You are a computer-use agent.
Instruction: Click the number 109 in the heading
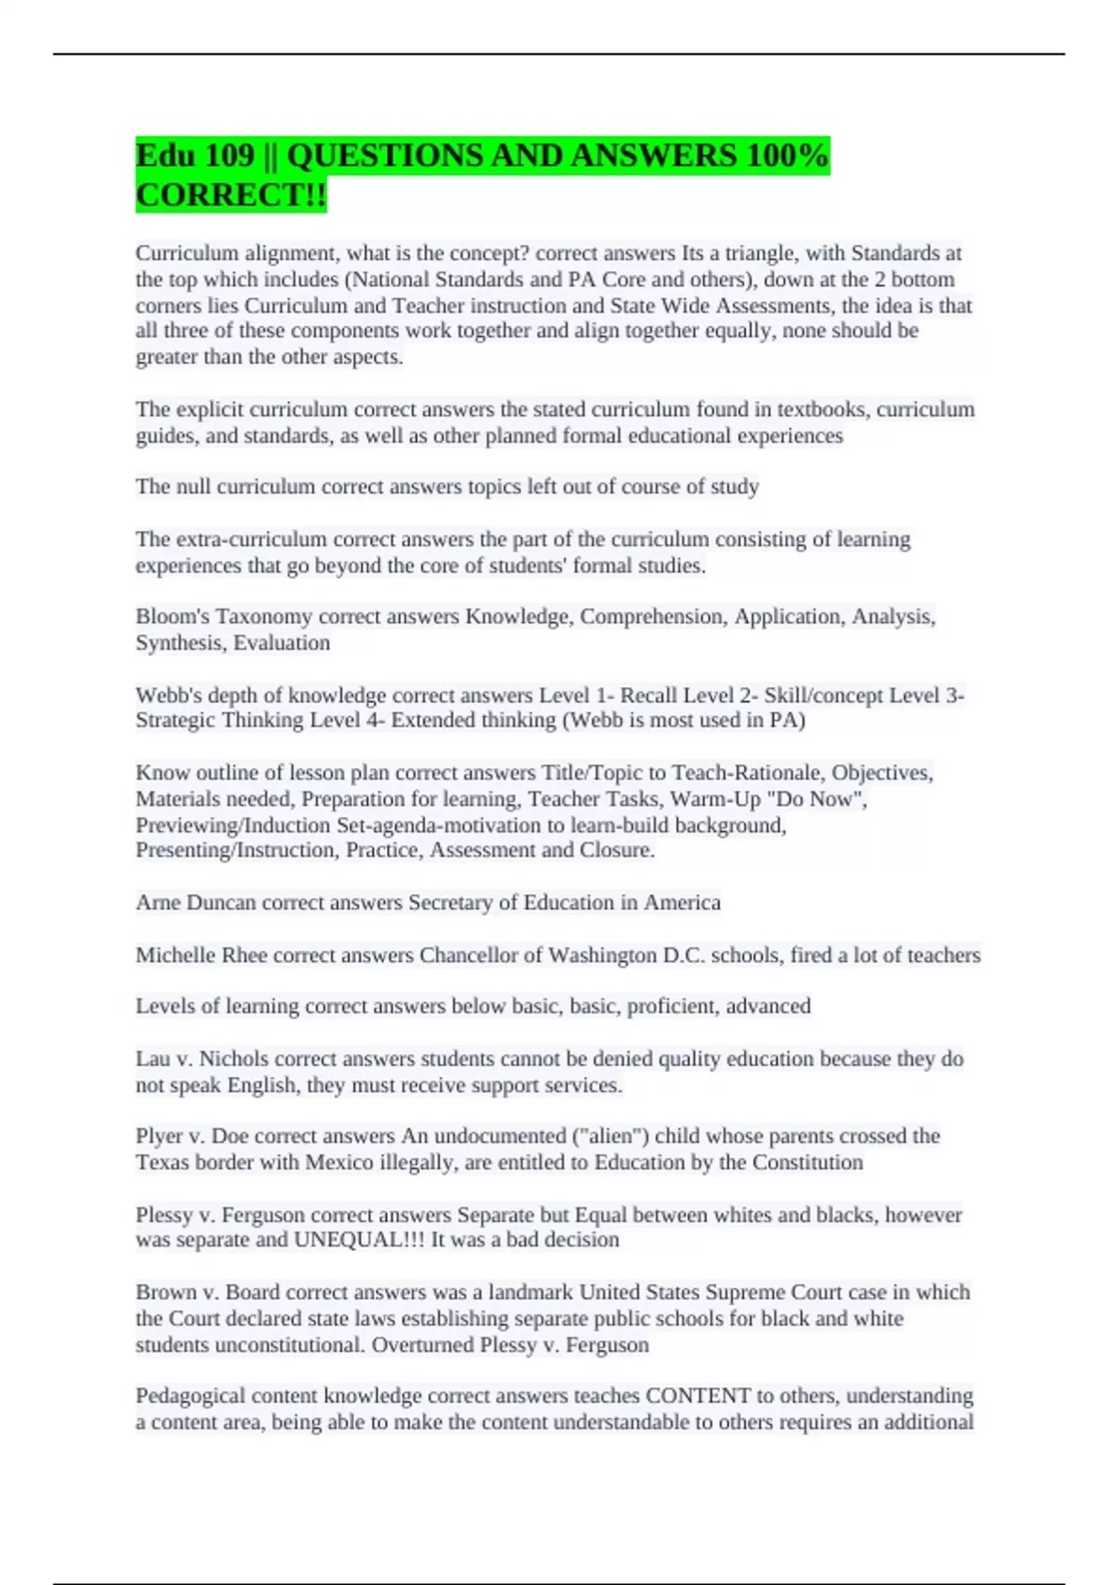[x=229, y=156]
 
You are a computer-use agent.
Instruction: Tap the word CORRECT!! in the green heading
[x=231, y=196]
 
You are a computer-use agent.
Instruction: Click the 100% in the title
[x=786, y=156]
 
